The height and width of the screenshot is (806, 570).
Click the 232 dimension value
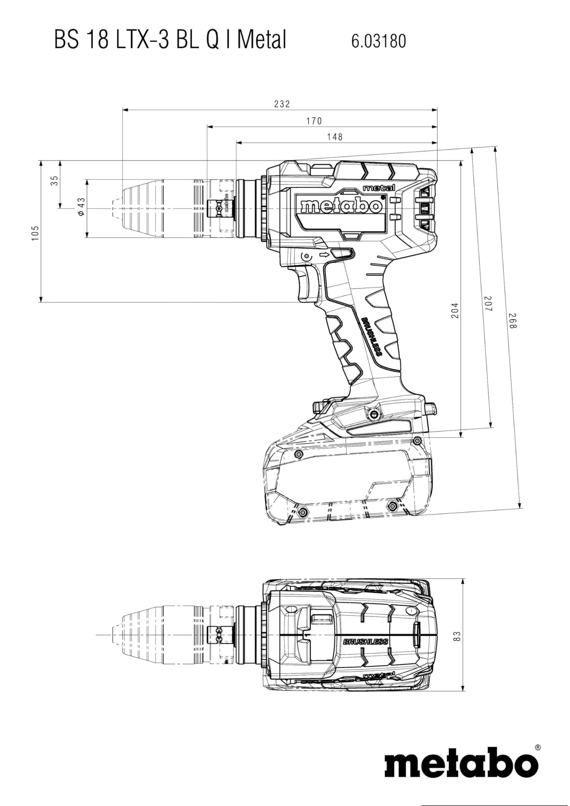tap(282, 104)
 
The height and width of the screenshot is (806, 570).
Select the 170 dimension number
tap(314, 121)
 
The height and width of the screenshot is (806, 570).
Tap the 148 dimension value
tap(335, 137)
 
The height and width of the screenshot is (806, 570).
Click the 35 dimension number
tap(54, 181)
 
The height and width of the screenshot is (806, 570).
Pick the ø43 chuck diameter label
tap(81, 207)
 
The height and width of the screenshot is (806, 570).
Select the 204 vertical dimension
tap(454, 310)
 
